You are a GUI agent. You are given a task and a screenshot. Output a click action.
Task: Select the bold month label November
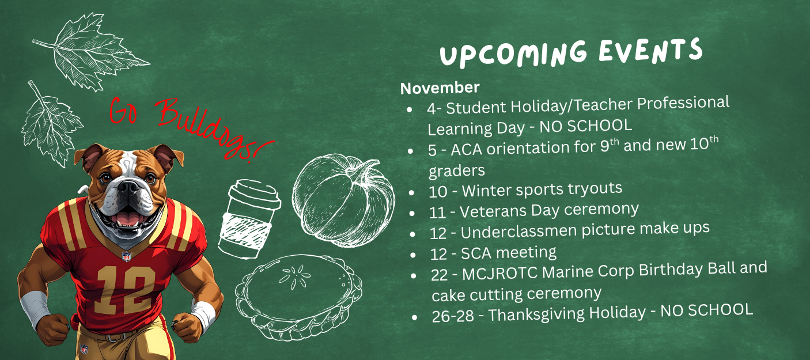point(440,88)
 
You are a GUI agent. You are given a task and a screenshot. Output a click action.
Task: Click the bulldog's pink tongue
point(128,218)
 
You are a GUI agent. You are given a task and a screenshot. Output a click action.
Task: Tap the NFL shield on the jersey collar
point(127,256)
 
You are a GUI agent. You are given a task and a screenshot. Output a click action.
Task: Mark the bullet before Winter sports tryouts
point(412,193)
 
